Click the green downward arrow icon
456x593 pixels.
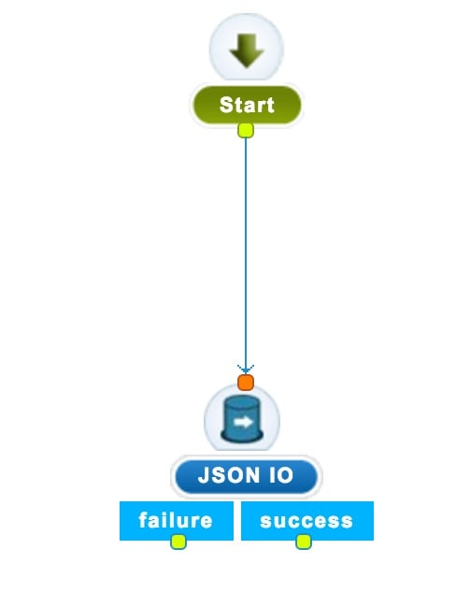click(x=247, y=51)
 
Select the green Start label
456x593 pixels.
click(x=247, y=105)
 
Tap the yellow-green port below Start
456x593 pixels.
click(x=246, y=130)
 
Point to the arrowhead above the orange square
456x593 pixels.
click(x=246, y=369)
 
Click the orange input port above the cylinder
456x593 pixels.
click(x=246, y=383)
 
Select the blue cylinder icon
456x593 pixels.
click(x=242, y=419)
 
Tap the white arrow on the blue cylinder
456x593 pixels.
click(x=243, y=422)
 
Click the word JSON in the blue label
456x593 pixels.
click(x=229, y=475)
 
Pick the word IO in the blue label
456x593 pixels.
click(x=280, y=475)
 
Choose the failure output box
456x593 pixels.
click(x=177, y=521)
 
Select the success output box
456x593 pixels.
click(x=307, y=521)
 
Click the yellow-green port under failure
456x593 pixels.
click(x=178, y=542)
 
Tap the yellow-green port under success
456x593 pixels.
click(x=304, y=542)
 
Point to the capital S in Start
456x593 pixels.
click(x=226, y=105)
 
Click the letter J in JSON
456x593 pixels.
click(x=204, y=475)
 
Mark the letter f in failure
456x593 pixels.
click(x=143, y=520)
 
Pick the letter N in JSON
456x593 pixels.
click(x=252, y=475)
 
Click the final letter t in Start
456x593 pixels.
click(x=269, y=106)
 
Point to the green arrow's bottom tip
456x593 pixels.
click(x=247, y=67)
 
